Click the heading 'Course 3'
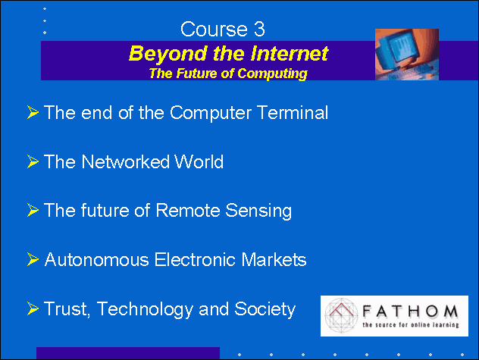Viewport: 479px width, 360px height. pyautogui.click(x=222, y=30)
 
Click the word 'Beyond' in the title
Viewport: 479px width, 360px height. pyautogui.click(x=168, y=54)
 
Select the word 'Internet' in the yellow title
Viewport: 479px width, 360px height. pyautogui.click(x=290, y=54)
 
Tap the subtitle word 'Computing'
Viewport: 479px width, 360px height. pyautogui.click(x=273, y=74)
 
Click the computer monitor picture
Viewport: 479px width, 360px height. pyautogui.click(x=407, y=55)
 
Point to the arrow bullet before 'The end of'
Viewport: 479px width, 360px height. pyautogui.click(x=33, y=112)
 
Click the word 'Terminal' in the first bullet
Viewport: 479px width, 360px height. pyautogui.click(x=293, y=112)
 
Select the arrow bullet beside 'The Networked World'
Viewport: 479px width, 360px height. pyautogui.click(x=33, y=161)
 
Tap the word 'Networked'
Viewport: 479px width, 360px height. pyautogui.click(x=125, y=161)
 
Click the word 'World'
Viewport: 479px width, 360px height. pyautogui.click(x=199, y=161)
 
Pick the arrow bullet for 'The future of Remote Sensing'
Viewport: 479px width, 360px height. pyautogui.click(x=33, y=210)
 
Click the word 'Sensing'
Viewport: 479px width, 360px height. pyautogui.click(x=258, y=211)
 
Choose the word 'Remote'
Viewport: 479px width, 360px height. pyautogui.click(x=188, y=210)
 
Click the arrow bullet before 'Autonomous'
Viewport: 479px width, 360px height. pyautogui.click(x=33, y=259)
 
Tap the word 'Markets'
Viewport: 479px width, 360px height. pyautogui.click(x=274, y=260)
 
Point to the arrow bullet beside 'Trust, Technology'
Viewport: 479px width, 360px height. pyautogui.click(x=33, y=308)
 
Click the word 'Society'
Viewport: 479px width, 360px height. pyautogui.click(x=265, y=309)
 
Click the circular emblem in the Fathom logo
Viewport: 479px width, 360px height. pyautogui.click(x=341, y=316)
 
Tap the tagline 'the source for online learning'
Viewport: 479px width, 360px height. pyautogui.click(x=411, y=324)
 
